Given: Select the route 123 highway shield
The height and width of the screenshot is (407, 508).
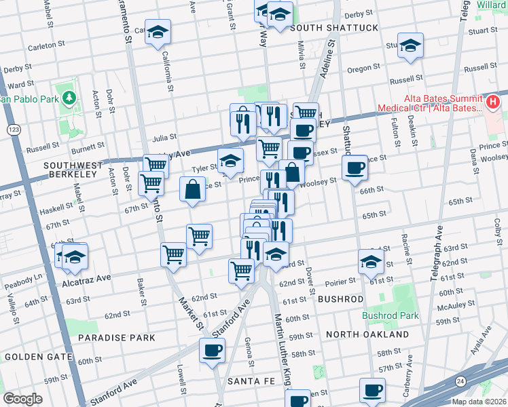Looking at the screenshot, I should point(12,128).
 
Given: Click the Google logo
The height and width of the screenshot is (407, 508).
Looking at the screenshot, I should point(22,398).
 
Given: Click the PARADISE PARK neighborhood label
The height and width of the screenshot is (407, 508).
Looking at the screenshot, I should point(116,337).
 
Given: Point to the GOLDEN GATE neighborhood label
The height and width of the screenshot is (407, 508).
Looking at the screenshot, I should point(33,356).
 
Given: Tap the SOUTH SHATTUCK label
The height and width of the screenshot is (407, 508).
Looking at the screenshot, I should point(324,27).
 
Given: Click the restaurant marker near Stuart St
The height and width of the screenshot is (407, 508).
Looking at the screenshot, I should point(410,45).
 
